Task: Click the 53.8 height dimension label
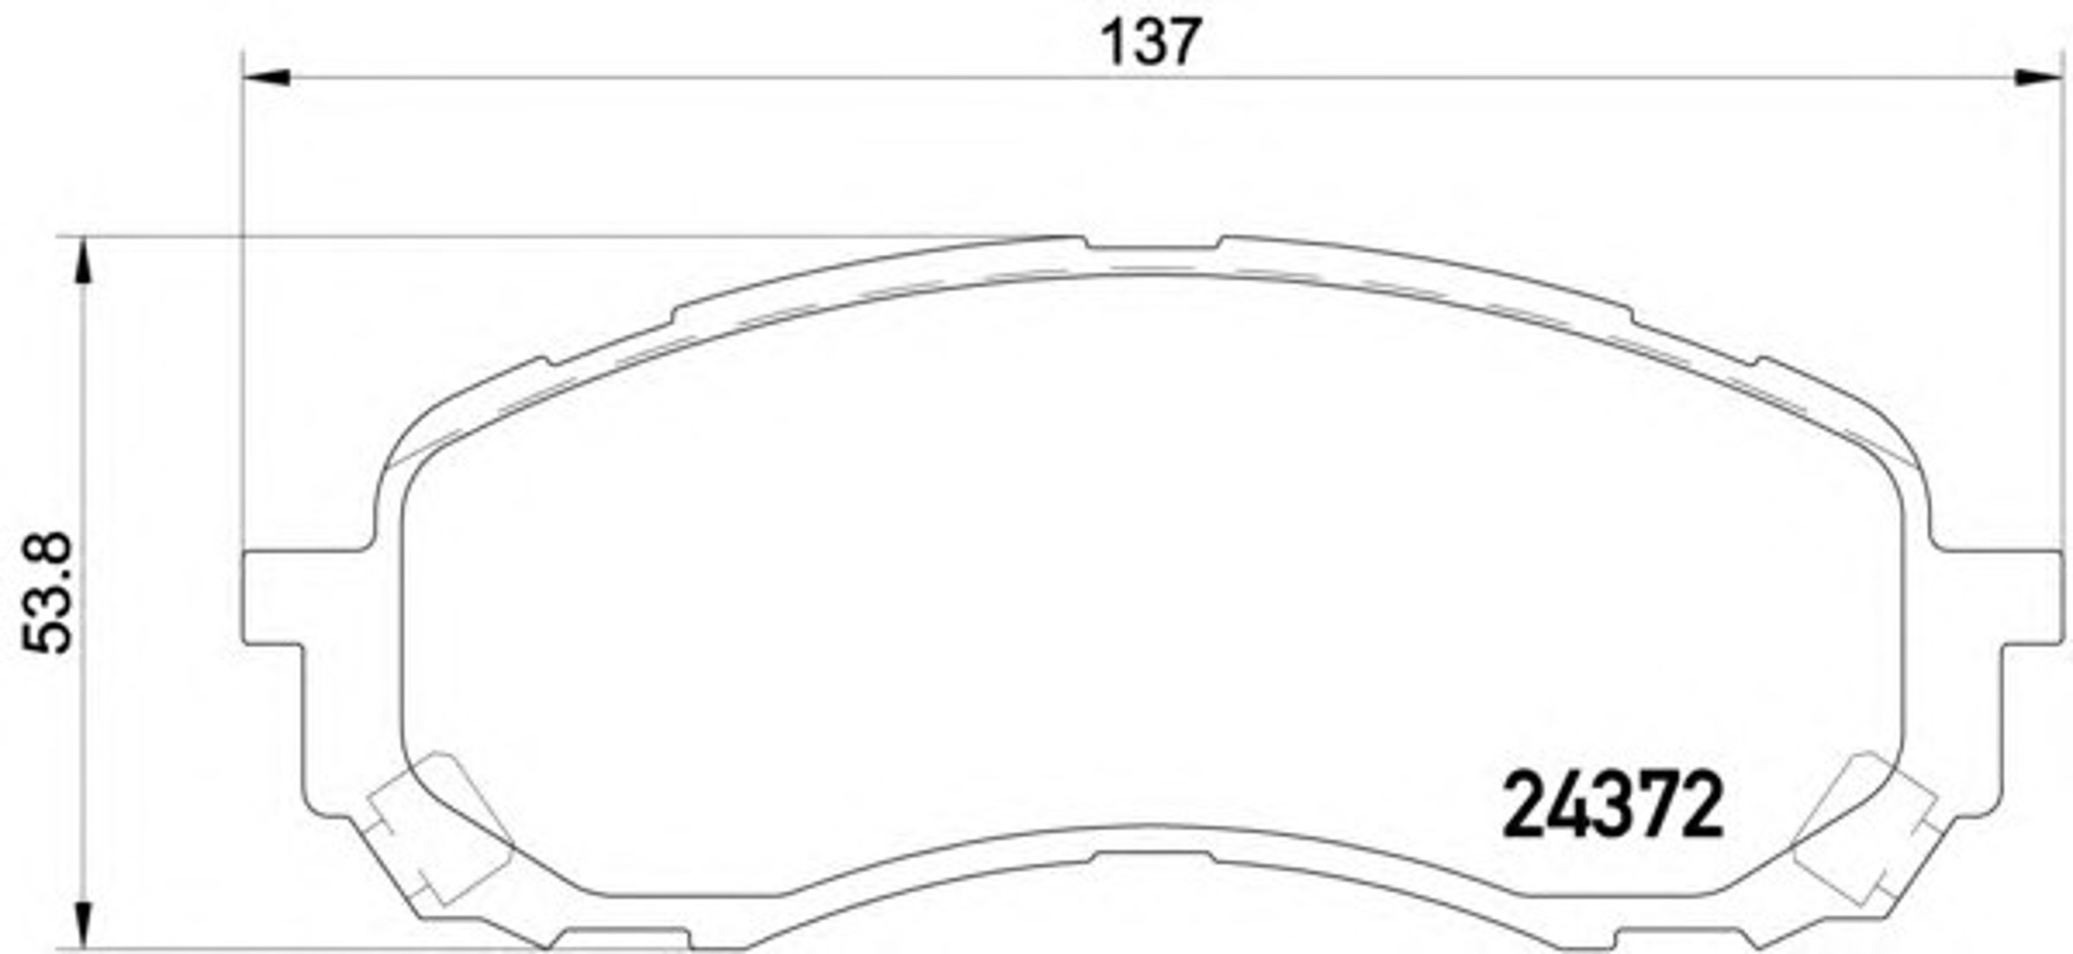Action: point(48,593)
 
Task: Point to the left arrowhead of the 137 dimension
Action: point(266,78)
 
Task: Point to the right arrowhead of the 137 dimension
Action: point(2039,78)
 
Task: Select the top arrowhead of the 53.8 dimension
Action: point(83,260)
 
